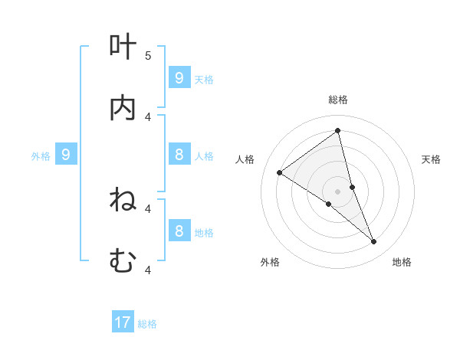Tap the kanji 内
[123, 109]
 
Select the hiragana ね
[123, 201]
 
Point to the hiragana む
[123, 262]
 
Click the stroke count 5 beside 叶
[148, 55]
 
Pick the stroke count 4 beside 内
[148, 116]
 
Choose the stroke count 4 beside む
[148, 270]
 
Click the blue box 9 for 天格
[179, 77]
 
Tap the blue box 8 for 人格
[179, 155]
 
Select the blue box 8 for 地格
[179, 231]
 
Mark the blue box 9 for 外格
[66, 155]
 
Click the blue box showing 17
[123, 322]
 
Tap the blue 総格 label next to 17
[147, 324]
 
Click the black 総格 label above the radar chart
[338, 100]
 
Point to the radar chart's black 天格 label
[432, 159]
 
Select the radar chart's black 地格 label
[402, 262]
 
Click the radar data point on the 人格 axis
[279, 172]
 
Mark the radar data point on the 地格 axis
[374, 241]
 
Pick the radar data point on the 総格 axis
[338, 130]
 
